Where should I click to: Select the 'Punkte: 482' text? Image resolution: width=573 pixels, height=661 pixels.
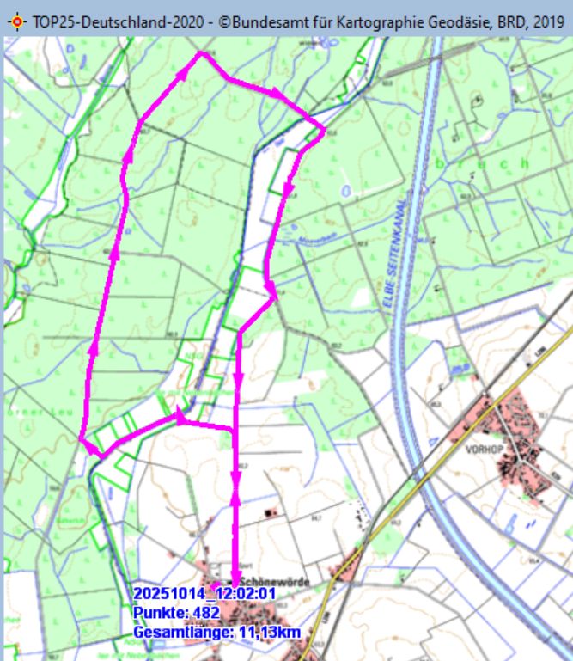176,613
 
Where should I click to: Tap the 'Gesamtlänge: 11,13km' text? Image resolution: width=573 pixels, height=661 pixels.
216,633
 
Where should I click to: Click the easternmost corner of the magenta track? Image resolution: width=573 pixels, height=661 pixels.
324,131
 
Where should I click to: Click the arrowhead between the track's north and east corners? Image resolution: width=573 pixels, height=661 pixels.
275,93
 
